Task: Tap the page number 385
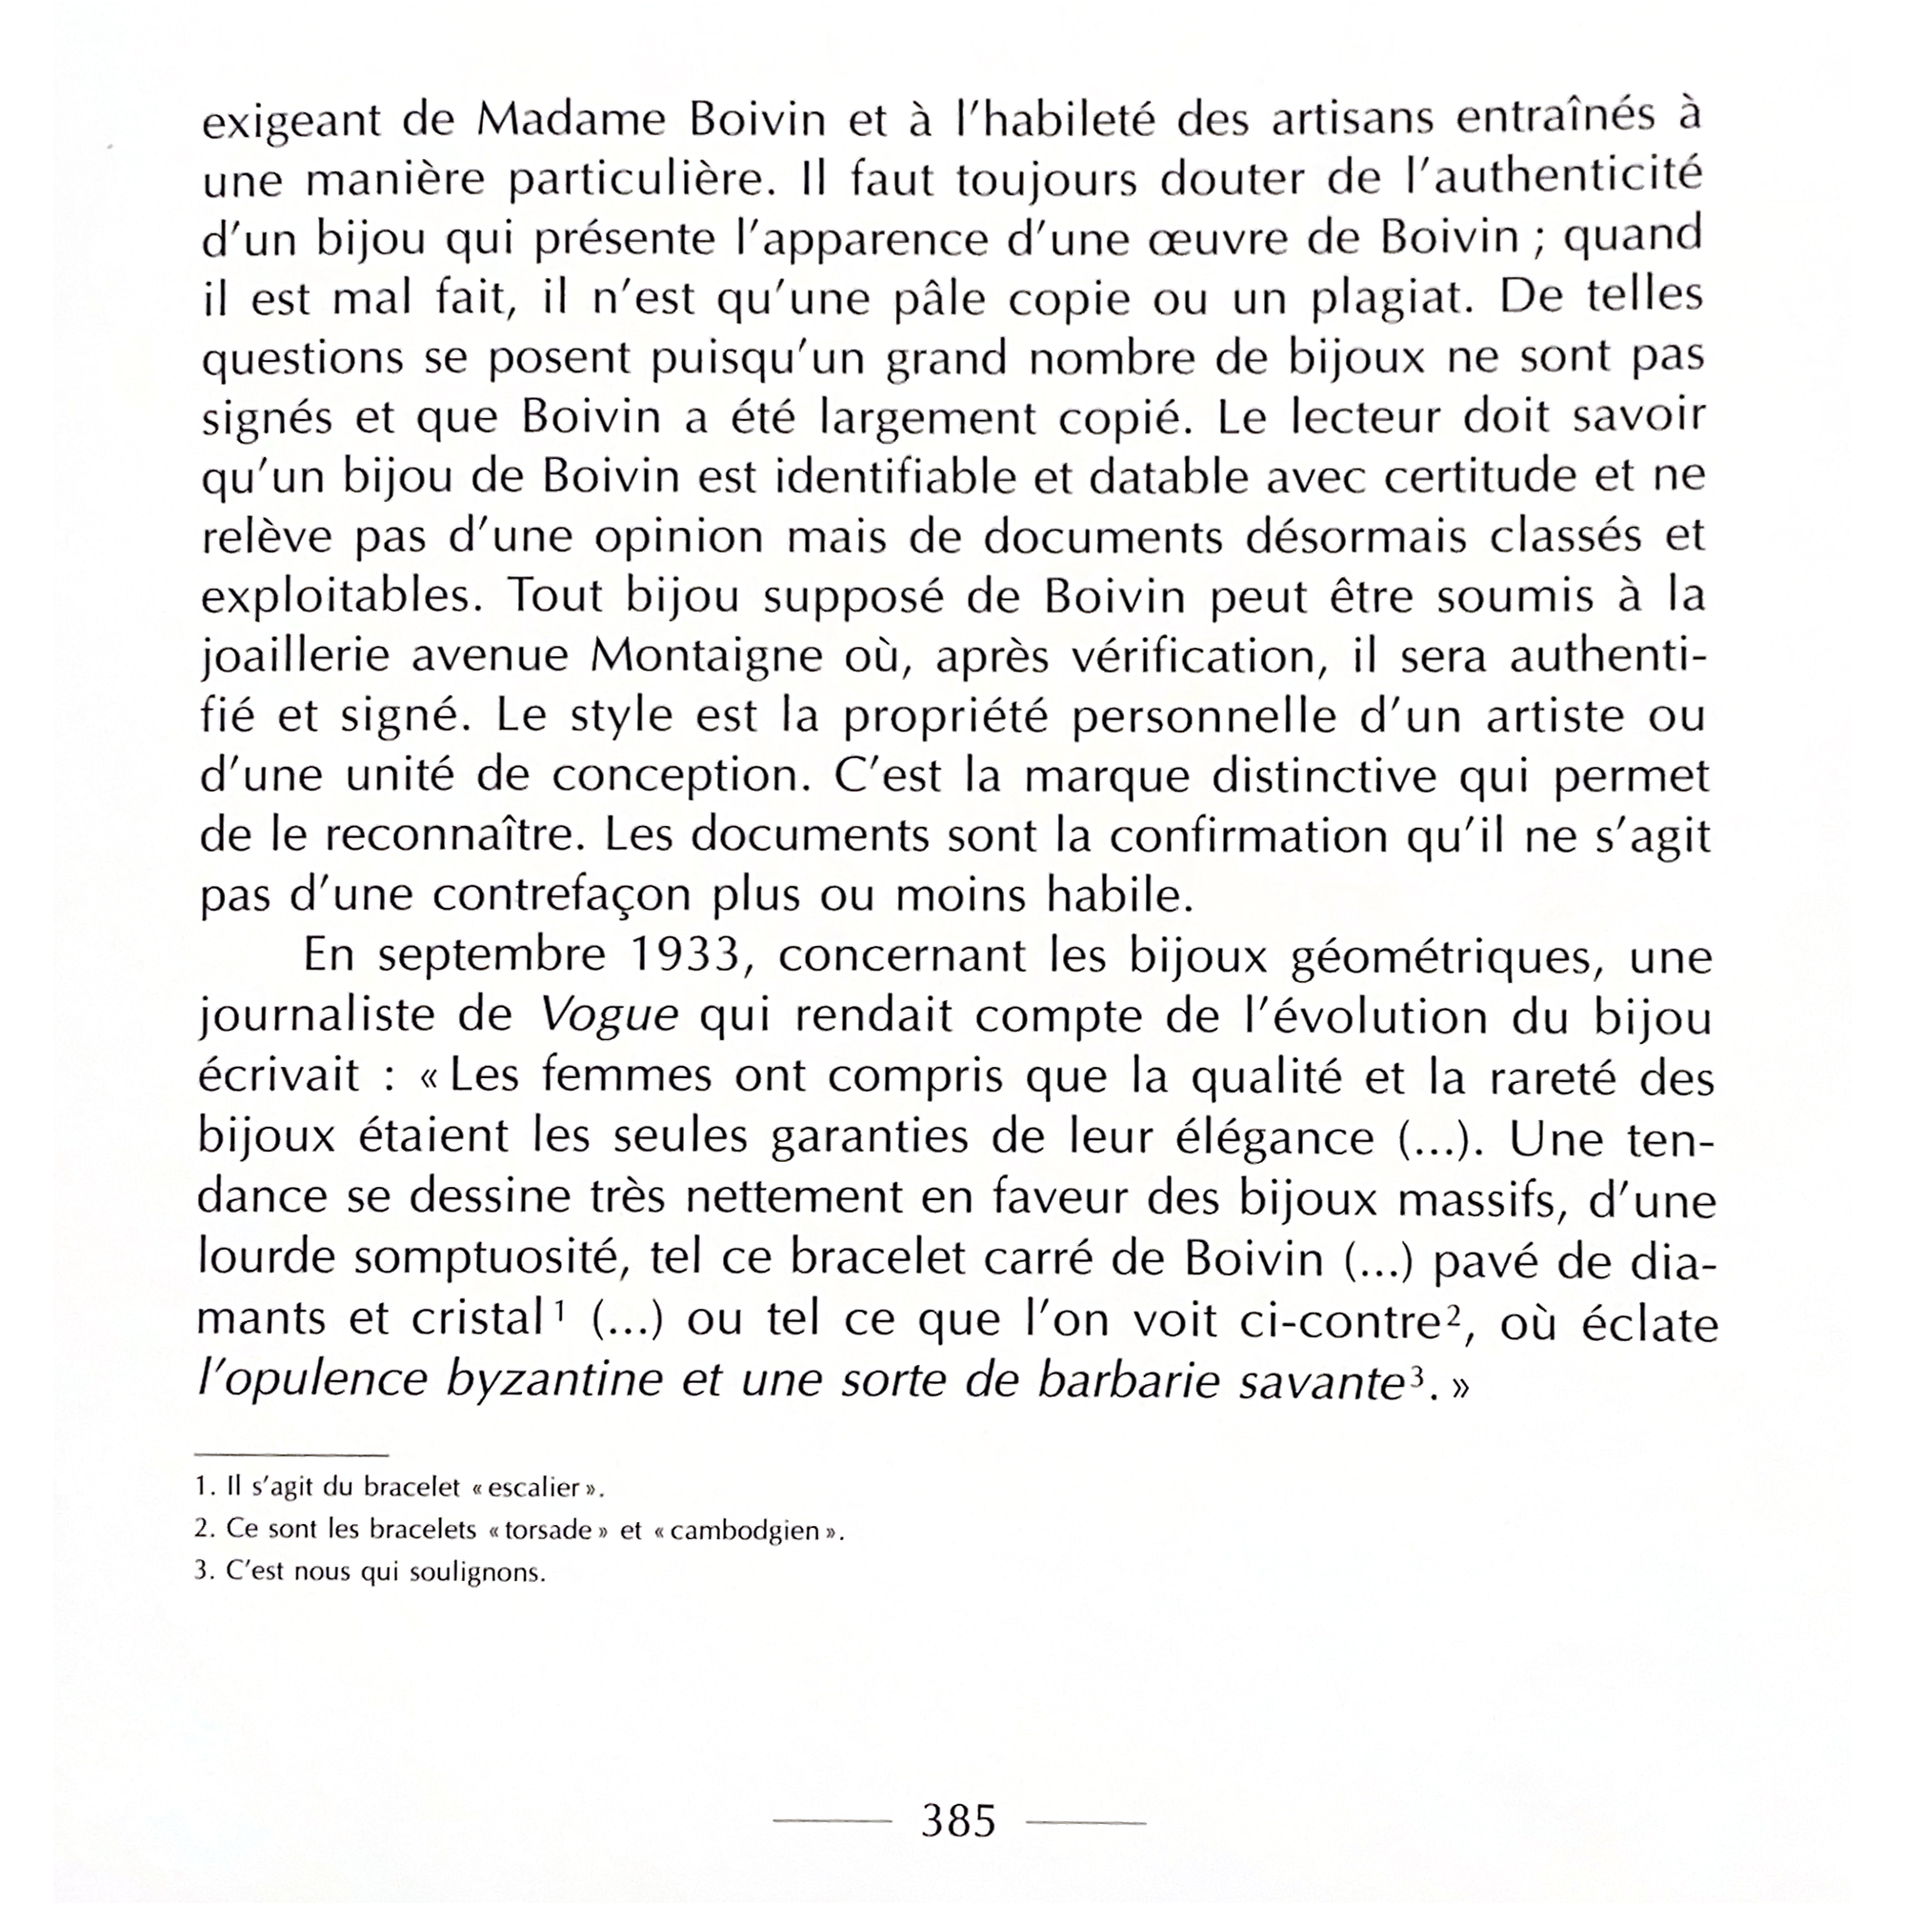click(958, 1820)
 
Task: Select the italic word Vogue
click(610, 1016)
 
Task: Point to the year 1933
click(685, 954)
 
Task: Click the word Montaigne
click(706, 656)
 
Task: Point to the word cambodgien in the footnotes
click(745, 1532)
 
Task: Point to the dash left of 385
click(832, 1822)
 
